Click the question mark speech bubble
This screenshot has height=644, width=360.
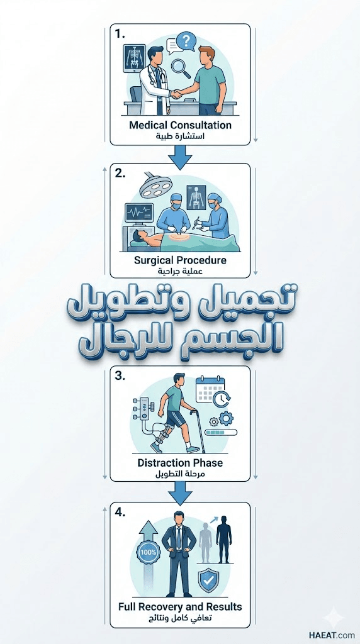186,41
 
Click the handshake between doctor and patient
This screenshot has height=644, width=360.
177,94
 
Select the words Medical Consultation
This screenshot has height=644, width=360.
180,125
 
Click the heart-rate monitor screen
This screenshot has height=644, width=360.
139,214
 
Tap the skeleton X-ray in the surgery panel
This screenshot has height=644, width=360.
196,197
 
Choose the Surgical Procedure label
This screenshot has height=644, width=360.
180,260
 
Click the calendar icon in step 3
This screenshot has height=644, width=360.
210,389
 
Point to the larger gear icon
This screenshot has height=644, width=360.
225,418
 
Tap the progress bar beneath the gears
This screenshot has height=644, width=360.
222,431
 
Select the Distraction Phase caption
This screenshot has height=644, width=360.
180,462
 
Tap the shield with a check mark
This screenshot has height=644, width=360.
208,580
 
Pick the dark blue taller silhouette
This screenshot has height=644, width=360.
224,539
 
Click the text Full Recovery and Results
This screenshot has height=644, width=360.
180,606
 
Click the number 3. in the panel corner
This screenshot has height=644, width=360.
120,376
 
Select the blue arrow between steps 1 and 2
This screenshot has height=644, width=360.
180,157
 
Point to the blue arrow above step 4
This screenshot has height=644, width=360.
180,493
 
